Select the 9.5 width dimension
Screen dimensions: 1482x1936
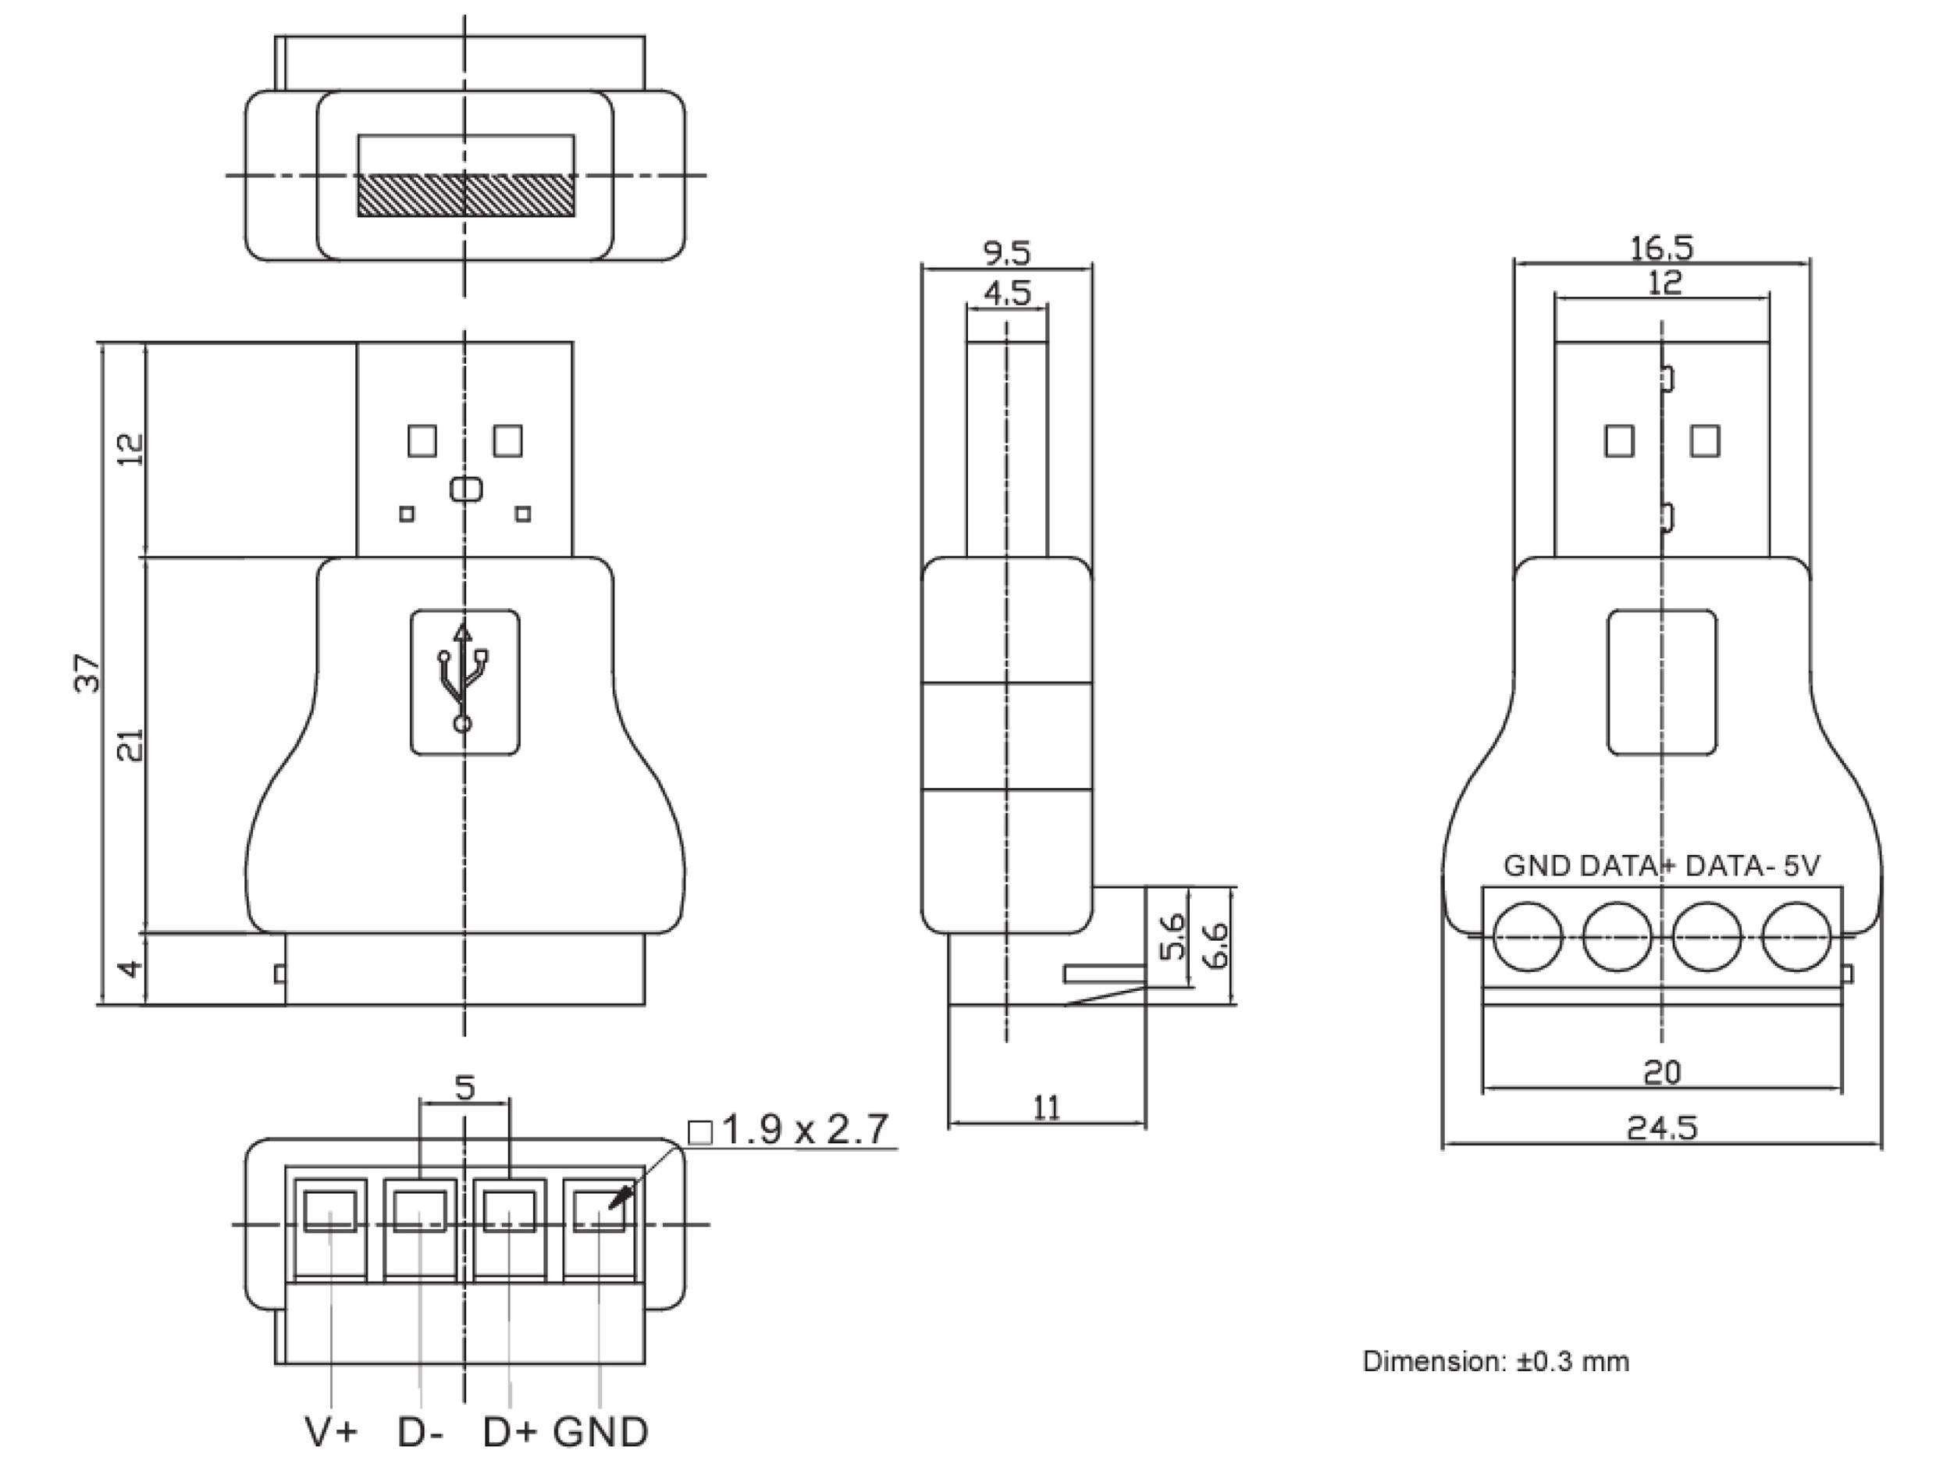pos(1006,253)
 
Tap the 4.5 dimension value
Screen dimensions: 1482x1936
pos(1006,293)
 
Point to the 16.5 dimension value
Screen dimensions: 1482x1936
pos(1660,248)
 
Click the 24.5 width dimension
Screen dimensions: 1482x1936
pos(1660,1128)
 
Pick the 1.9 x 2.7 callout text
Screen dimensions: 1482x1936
pos(804,1130)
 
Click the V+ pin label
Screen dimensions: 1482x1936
pos(331,1432)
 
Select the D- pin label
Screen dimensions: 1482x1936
pos(420,1432)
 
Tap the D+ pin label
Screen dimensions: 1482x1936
pos(509,1432)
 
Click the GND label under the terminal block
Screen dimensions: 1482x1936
pos(600,1432)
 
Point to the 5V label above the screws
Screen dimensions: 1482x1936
pos(1801,865)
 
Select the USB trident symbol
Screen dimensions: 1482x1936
pos(463,679)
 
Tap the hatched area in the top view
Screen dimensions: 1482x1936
pos(464,195)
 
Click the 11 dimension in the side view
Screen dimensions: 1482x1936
pos(1046,1108)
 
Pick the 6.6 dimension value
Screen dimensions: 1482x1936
pos(1216,946)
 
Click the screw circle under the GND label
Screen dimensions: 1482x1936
pos(1529,936)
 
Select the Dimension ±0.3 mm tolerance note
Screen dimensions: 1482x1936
pos(1495,1361)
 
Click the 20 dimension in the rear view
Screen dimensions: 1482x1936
pos(1662,1073)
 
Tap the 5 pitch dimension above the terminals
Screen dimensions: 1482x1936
pos(464,1088)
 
